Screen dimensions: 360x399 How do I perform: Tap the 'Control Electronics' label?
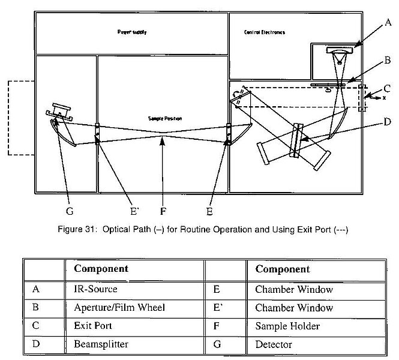pyautogui.click(x=265, y=32)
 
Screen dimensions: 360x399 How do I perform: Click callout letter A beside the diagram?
pyautogui.click(x=388, y=23)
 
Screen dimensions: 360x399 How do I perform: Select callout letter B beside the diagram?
pyautogui.click(x=388, y=61)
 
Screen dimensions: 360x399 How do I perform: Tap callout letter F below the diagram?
pyautogui.click(x=163, y=211)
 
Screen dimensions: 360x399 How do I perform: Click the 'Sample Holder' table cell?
pyautogui.click(x=281, y=326)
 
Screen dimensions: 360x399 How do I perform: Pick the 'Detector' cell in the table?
pyautogui.click(x=273, y=345)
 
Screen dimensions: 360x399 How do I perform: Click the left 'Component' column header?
pyautogui.click(x=101, y=269)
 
